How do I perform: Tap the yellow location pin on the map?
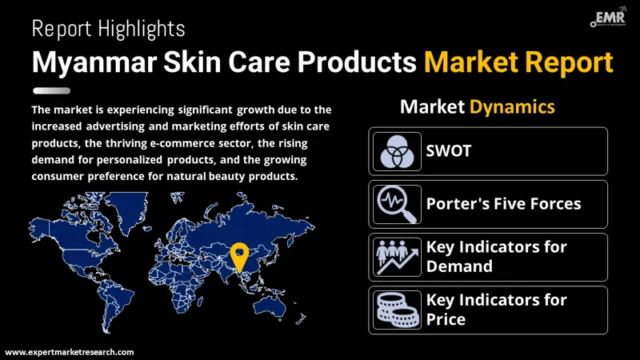point(238,256)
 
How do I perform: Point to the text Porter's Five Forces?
point(503,203)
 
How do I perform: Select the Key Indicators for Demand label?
point(496,257)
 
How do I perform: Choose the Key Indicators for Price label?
point(496,310)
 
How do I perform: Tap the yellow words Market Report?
point(518,63)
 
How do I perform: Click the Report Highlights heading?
point(108,30)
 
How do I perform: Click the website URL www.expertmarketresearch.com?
point(70,351)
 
